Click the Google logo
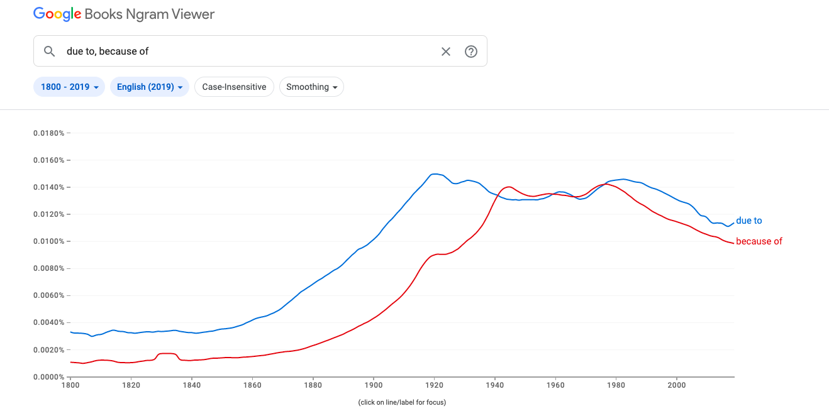coord(57,14)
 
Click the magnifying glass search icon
coord(50,52)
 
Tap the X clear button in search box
coord(446,52)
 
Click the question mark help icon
coord(471,52)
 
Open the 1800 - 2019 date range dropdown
coord(69,87)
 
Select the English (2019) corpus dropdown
coord(149,87)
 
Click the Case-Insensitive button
coord(234,87)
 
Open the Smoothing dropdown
coord(311,87)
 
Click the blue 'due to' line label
coord(748,221)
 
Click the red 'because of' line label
coord(759,241)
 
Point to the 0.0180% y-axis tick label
coord(49,133)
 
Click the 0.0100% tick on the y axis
coord(49,241)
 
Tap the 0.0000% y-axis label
coord(49,376)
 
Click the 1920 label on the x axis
coord(434,385)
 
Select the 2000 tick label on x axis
coord(676,385)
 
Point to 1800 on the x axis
coord(70,385)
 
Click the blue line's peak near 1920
coord(434,173)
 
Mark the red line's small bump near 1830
coord(167,354)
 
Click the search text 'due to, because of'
coord(108,52)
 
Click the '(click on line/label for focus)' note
coord(401,402)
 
